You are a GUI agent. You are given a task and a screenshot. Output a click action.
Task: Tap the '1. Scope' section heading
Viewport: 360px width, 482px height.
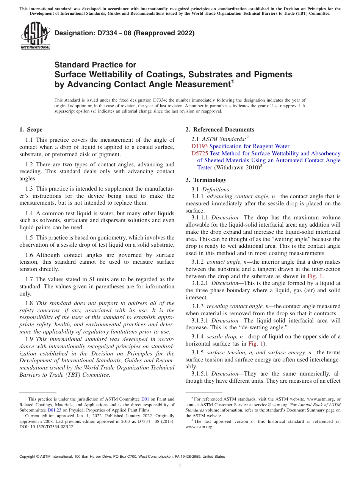click(31, 130)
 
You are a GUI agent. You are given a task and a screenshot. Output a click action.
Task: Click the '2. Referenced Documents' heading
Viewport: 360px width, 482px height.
click(220, 130)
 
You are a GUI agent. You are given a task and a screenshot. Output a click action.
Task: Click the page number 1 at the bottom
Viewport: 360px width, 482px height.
click(180, 466)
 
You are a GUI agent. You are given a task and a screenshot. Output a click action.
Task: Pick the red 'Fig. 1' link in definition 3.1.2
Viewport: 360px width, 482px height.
click(315, 276)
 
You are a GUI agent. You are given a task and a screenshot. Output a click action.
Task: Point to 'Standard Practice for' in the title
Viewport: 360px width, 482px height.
click(95, 65)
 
